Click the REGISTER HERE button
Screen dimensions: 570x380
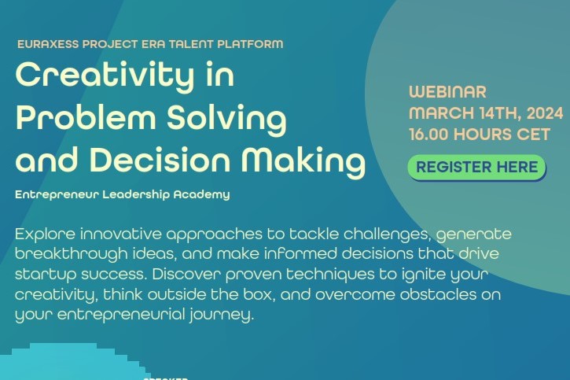point(476,168)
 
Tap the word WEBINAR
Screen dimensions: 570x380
point(447,91)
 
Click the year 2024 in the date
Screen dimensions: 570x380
point(545,113)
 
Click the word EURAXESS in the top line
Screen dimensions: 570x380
point(48,44)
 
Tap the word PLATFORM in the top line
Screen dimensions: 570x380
point(250,44)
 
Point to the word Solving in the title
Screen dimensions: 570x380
point(226,119)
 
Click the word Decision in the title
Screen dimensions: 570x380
point(160,159)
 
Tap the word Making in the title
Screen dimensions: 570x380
point(303,161)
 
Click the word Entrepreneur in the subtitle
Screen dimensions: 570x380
point(57,194)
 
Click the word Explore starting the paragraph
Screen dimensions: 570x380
point(45,234)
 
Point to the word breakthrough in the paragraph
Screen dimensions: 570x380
point(72,254)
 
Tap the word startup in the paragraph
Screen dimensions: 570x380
point(46,275)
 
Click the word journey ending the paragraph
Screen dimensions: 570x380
point(222,315)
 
